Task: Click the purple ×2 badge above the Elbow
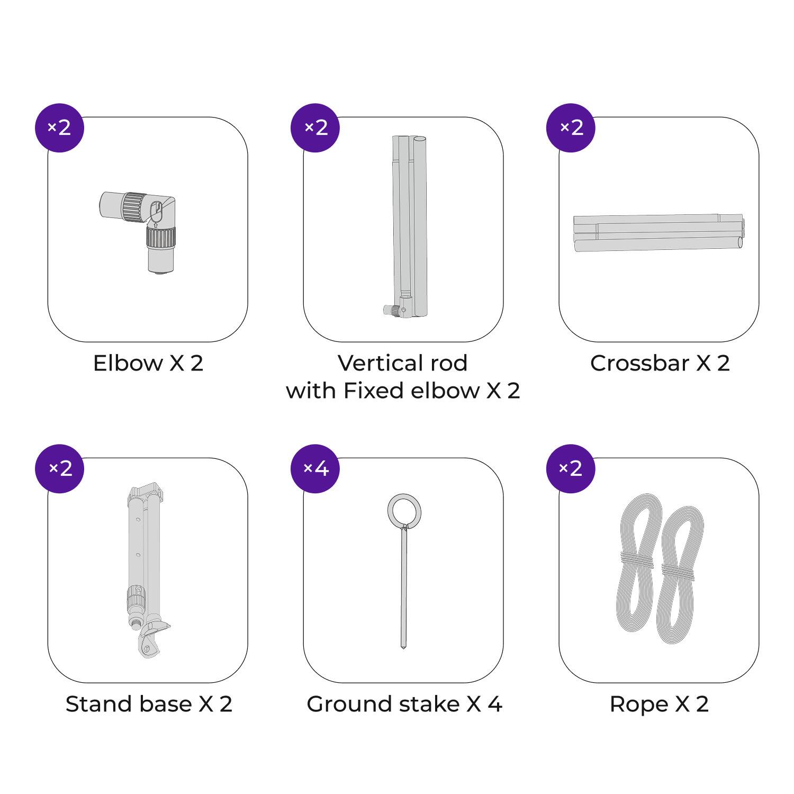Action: [x=59, y=128]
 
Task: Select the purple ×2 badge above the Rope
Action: [x=571, y=468]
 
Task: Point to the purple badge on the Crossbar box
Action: [x=571, y=128]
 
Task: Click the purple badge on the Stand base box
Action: [x=59, y=468]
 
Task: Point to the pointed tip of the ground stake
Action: [x=403, y=646]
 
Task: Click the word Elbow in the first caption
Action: [x=128, y=363]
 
